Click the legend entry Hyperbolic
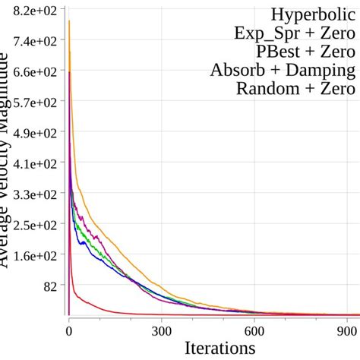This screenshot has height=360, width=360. point(312,14)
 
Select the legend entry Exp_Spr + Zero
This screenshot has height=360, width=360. point(295,33)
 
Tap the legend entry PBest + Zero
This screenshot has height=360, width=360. point(305,52)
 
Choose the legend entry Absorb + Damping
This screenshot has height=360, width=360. point(282,71)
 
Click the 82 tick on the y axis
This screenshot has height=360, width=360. point(51,286)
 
